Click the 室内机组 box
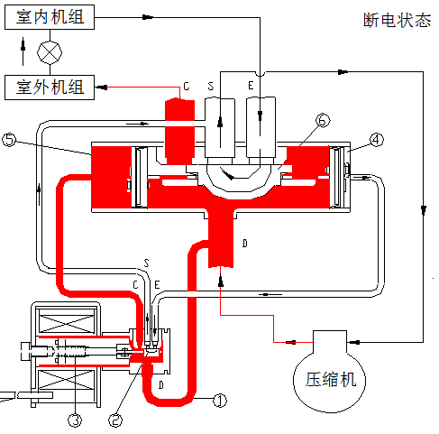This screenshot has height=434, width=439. (x=50, y=17)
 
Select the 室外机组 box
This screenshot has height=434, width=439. (x=50, y=88)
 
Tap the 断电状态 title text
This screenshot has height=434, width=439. (x=397, y=20)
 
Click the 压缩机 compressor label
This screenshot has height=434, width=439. (x=331, y=379)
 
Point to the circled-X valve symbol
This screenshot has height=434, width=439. (x=50, y=52)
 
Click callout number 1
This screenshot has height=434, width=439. (x=220, y=401)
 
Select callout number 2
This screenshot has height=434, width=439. (x=115, y=420)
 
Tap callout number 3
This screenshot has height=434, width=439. (x=75, y=420)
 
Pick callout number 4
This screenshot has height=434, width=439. (x=377, y=140)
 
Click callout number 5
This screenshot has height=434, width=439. (x=9, y=140)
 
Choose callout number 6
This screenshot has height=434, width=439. (x=323, y=121)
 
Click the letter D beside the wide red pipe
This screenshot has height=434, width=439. (x=245, y=244)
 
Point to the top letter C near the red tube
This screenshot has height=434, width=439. (x=187, y=87)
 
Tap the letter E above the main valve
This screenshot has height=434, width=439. (x=251, y=86)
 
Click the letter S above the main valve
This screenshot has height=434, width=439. (x=211, y=87)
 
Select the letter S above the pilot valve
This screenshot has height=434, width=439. (x=146, y=263)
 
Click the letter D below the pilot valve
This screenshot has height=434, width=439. (x=161, y=385)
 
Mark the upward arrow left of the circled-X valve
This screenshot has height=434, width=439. (x=23, y=51)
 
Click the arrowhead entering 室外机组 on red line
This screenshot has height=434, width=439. (x=102, y=88)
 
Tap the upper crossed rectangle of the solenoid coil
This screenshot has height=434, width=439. (x=67, y=324)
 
